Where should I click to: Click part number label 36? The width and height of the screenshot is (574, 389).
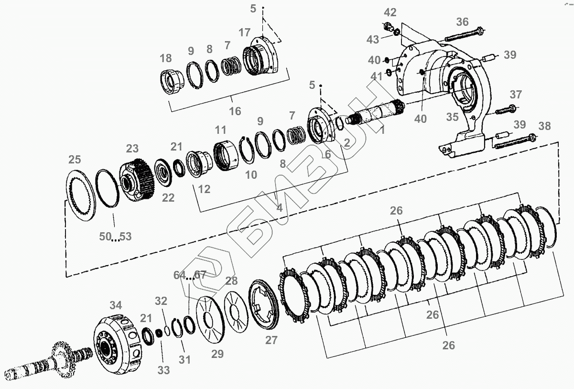(462, 22)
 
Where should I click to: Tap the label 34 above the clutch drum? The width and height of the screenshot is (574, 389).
(116, 305)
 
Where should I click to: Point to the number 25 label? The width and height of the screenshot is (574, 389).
(75, 159)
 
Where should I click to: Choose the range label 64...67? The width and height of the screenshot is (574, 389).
(189, 276)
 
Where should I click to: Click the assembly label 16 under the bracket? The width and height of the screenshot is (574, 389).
(235, 111)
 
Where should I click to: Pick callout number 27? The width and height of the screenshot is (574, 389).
(271, 340)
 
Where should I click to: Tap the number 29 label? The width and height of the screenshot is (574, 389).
(217, 354)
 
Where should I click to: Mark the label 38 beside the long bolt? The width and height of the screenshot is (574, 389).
(544, 126)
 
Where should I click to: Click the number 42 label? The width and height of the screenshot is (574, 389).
(390, 12)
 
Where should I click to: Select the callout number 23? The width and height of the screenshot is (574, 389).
(132, 148)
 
